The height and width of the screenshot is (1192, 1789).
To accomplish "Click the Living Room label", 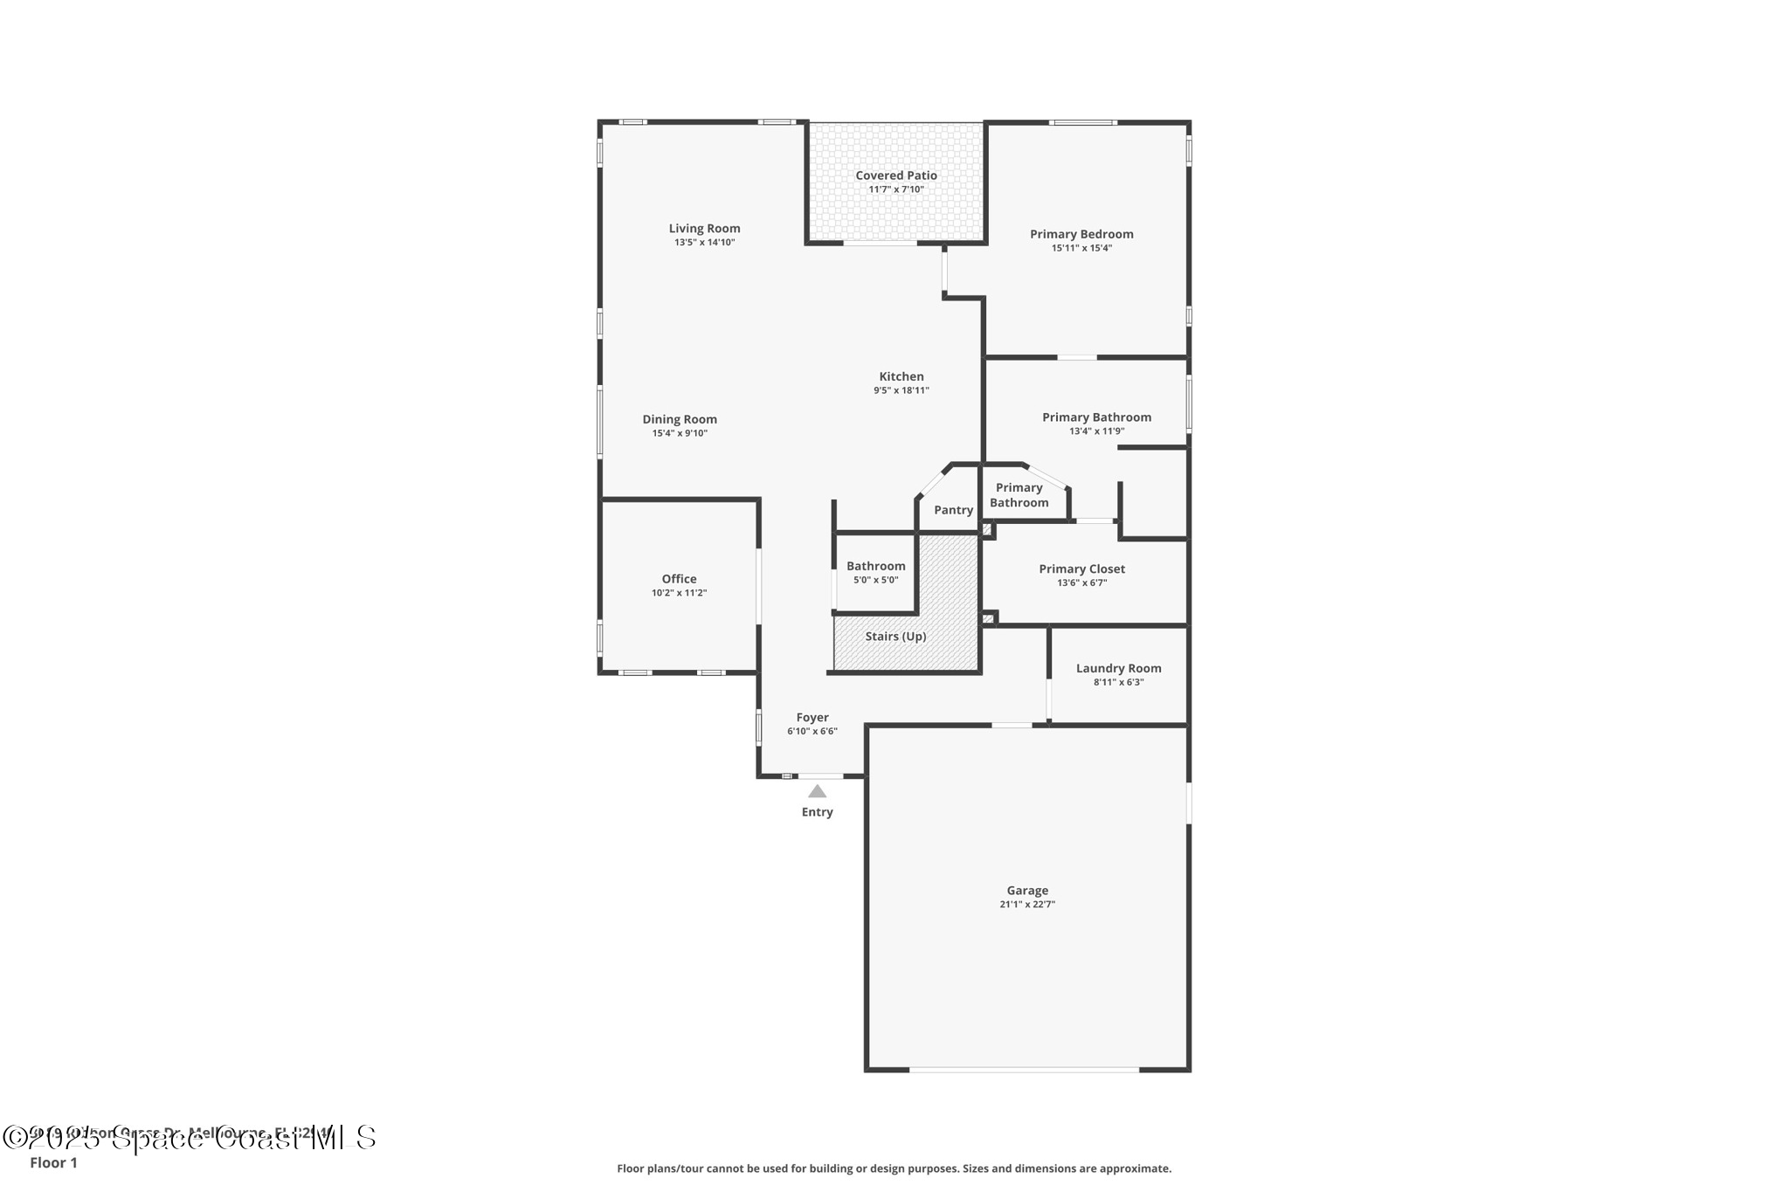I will coord(704,229).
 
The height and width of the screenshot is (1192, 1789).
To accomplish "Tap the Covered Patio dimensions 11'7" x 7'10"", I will coord(895,189).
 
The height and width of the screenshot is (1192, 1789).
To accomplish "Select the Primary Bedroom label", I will coord(1081,234).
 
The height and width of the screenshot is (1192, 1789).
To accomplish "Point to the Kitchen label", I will coord(901,376).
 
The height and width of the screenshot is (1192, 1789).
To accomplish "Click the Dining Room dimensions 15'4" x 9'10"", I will coord(680,433).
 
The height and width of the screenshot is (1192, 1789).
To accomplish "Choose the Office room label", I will coord(679,579).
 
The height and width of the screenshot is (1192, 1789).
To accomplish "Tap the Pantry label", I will coord(953,510).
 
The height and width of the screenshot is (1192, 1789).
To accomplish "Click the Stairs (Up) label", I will coord(895,637).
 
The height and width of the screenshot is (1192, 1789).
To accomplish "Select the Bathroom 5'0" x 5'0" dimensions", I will coord(875,580).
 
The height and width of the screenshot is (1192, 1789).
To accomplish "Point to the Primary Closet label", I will coord(1081,568).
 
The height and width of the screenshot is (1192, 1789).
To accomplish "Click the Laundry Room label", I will coord(1118,668).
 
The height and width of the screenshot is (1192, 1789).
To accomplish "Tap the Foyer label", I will coord(812,718).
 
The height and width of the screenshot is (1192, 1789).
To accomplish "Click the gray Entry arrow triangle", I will coord(817,791).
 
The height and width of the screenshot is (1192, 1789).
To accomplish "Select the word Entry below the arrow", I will coord(817,812).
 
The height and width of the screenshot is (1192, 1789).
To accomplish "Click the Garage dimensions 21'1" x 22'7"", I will coord(1027,905).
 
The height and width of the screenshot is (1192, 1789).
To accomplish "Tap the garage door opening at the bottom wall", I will coord(1024,1069).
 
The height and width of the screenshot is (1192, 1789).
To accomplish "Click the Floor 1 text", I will coord(53,1163).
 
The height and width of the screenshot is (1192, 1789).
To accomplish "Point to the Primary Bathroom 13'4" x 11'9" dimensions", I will coord(1096,431).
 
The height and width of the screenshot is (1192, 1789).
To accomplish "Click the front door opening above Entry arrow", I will coord(821,775).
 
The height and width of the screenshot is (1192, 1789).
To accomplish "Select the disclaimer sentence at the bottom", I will coord(894,1168).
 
